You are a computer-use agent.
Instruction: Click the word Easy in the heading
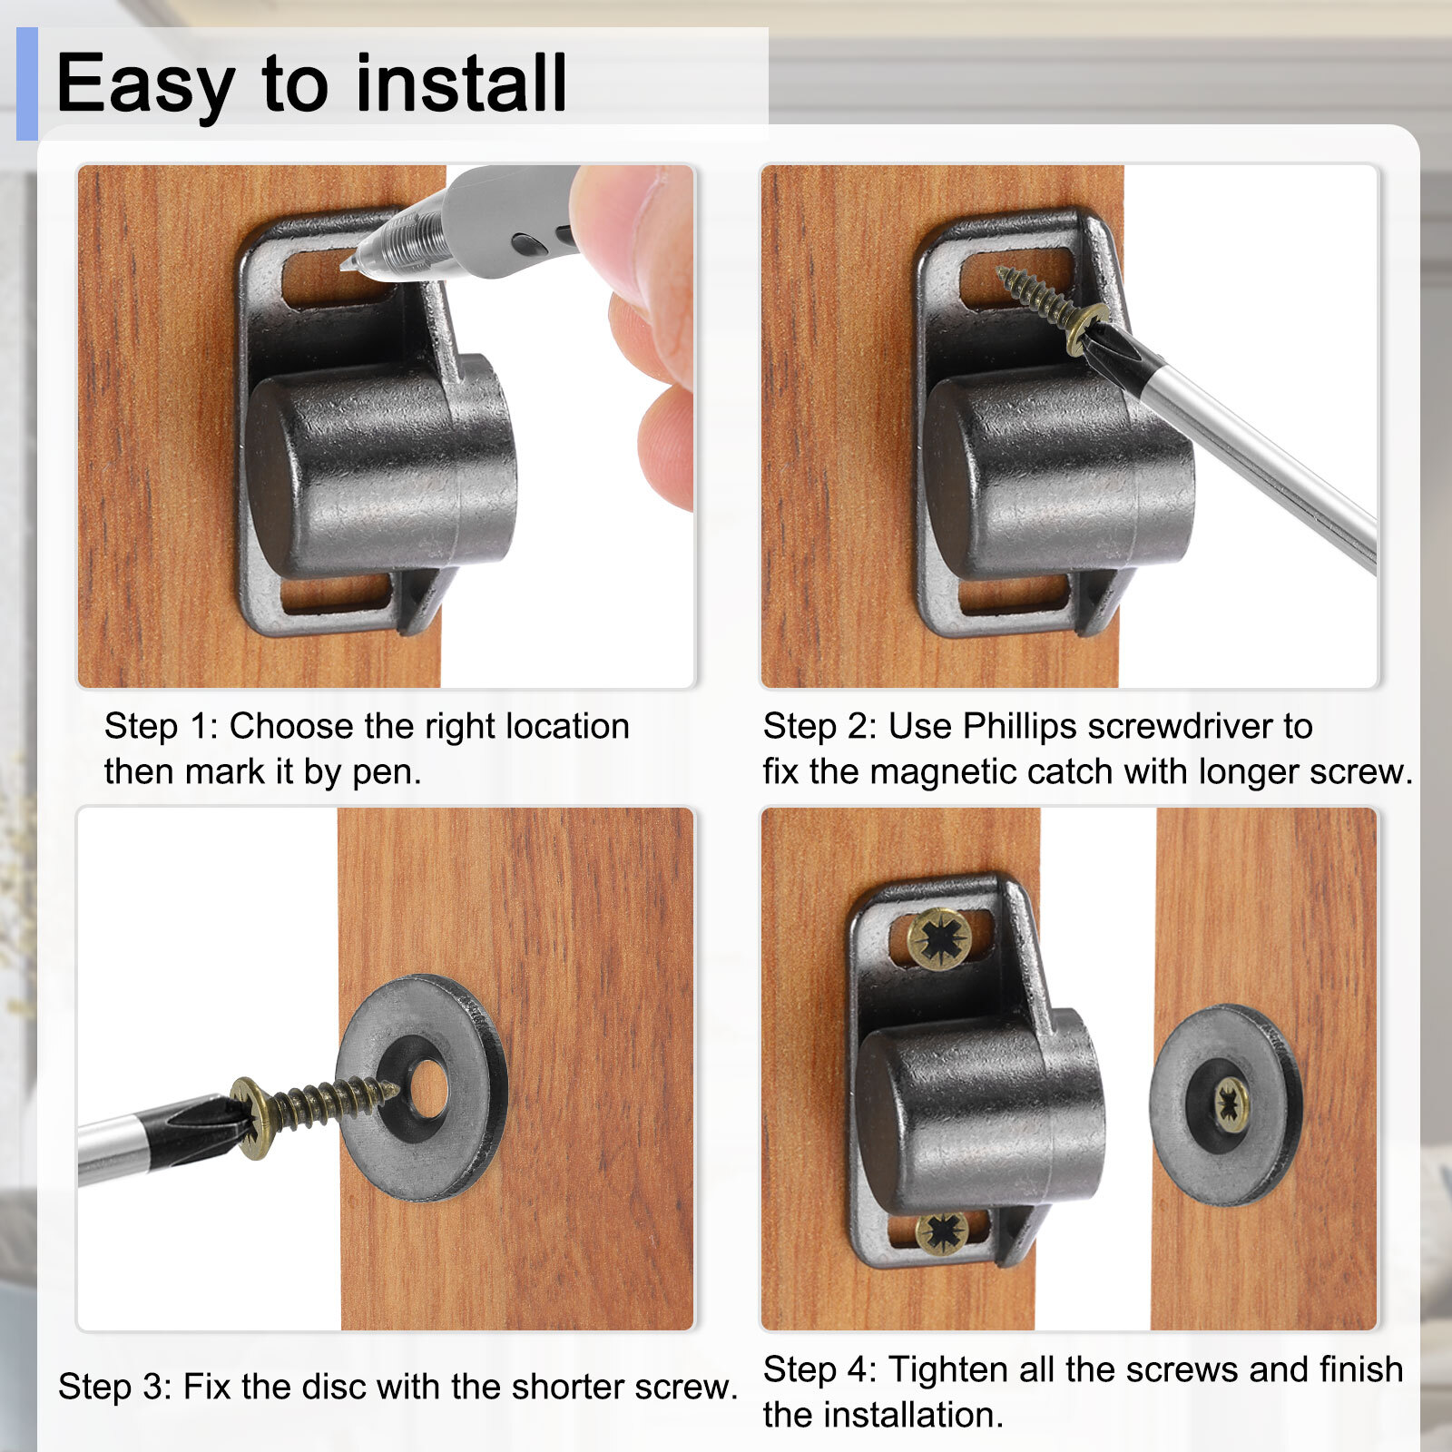click(x=145, y=84)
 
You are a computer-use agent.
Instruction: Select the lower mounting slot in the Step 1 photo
click(x=335, y=594)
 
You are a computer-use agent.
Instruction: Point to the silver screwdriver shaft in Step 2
click(x=1261, y=454)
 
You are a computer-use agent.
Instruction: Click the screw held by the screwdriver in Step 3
click(x=312, y=1107)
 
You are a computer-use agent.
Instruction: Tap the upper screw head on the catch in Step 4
click(x=939, y=938)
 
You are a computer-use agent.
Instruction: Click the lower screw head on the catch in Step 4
click(x=942, y=1231)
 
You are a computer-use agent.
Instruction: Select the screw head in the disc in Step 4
click(x=1230, y=1104)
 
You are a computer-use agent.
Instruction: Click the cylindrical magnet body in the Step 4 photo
click(x=980, y=1111)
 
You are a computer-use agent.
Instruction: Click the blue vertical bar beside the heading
click(x=27, y=83)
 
